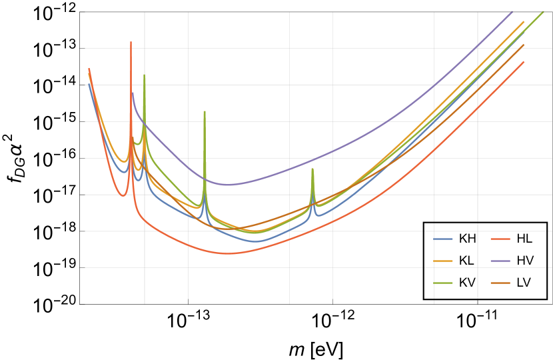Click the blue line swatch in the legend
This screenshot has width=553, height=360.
click(443, 239)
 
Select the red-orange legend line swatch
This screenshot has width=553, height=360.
click(500, 239)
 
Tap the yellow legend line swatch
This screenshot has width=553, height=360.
click(443, 261)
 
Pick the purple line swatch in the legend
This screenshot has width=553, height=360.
click(500, 261)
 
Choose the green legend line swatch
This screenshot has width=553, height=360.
click(443, 283)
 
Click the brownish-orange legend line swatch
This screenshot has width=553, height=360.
click(500, 283)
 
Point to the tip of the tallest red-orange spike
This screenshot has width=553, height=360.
click(131, 42)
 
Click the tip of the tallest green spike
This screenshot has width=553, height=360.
click(144, 75)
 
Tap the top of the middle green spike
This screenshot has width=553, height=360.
click(205, 111)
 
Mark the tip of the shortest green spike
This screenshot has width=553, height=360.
click(312, 169)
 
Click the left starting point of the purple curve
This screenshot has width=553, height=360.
click(132, 93)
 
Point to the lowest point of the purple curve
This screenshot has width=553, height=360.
click(227, 185)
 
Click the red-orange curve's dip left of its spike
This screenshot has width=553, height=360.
click(122, 195)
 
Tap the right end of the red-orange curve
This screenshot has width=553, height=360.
click(524, 62)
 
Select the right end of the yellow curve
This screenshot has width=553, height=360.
click(524, 21)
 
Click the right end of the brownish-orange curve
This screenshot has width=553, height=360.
click(524, 45)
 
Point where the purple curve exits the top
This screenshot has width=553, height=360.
click(512, 12)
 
